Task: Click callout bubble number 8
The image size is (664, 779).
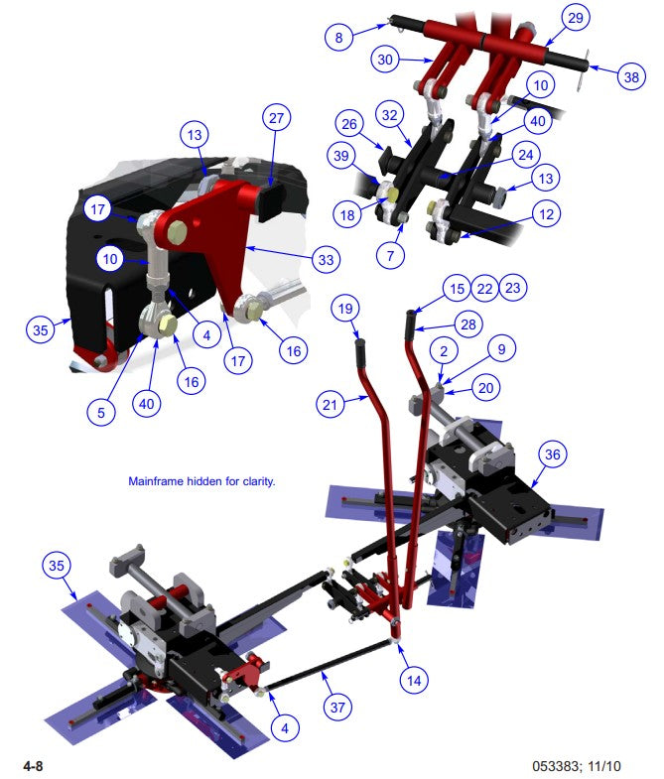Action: point(338,38)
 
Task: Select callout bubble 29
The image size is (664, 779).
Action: point(575,17)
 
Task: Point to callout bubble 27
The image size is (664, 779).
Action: point(276,117)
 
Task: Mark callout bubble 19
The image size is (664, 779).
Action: point(344,310)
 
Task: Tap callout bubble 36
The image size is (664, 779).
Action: point(553,454)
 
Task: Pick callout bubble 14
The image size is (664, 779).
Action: point(414,680)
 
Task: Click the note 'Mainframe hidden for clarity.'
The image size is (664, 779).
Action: point(200,481)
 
